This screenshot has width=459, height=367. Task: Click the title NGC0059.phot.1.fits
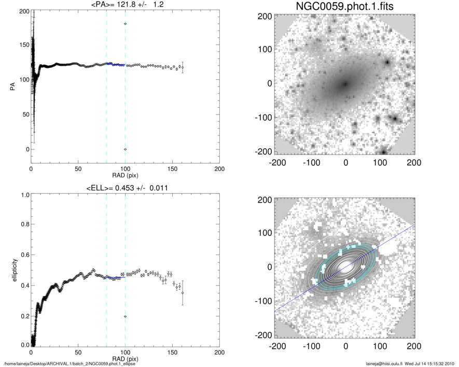tap(345, 7)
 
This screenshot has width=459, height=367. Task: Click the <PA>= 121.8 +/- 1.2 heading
tap(126, 5)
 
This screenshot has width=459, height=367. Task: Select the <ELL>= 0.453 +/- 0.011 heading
tap(126, 188)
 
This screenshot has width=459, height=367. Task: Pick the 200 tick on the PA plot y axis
tap(23, 11)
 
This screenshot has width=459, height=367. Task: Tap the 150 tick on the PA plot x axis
tap(172, 169)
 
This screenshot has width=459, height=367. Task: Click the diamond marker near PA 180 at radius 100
tap(126, 24)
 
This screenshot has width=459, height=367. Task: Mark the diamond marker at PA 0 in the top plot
tap(126, 149)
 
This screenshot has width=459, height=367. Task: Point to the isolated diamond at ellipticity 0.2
tap(126, 316)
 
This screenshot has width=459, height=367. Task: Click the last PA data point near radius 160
tap(183, 67)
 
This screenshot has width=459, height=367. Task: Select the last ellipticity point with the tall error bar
tap(183, 293)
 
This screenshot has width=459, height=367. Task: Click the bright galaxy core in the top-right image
tap(344, 83)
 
